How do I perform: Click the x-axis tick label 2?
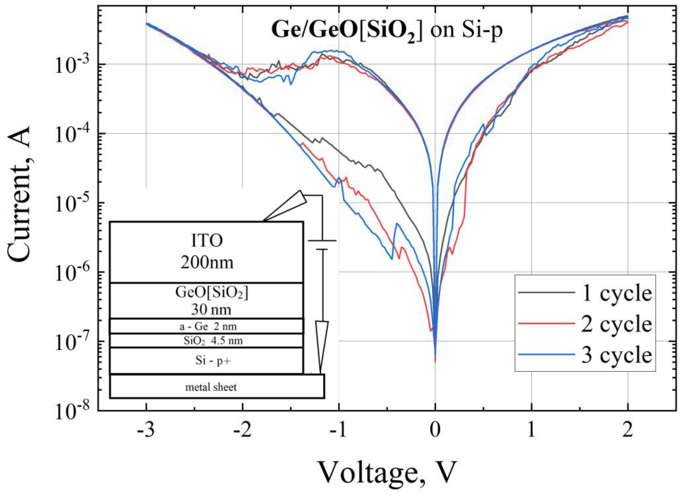coord(627,431)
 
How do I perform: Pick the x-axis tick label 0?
coord(435,431)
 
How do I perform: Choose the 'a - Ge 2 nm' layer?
coord(207,326)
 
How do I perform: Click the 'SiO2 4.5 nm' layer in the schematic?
coord(207,341)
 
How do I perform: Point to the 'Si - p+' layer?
coord(207,361)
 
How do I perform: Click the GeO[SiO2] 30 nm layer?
coord(207,301)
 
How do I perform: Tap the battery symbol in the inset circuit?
coord(322,245)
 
